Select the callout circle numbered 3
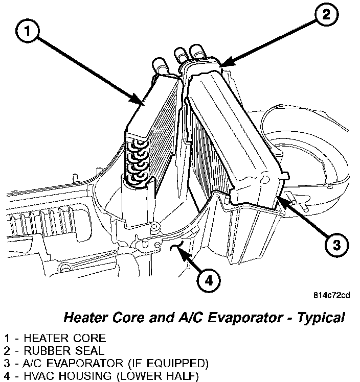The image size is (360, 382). click(x=335, y=246)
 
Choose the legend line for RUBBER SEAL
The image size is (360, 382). click(x=54, y=351)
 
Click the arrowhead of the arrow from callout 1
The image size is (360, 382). click(x=143, y=104)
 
